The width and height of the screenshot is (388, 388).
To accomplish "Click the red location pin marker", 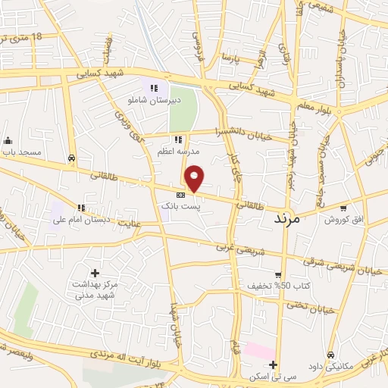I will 195,177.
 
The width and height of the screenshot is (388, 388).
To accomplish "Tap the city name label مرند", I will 286,217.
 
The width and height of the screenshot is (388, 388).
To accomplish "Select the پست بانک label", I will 180,205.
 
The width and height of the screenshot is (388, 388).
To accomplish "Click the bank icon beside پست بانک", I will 180,195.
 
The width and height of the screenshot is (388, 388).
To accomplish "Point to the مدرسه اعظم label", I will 178,149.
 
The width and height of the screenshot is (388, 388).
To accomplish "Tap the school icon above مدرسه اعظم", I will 178,139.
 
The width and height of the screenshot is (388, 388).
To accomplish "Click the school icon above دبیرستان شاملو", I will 154,89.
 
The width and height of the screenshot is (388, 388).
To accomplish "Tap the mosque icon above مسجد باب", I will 8,140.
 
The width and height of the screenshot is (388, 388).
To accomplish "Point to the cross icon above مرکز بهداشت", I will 95,273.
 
